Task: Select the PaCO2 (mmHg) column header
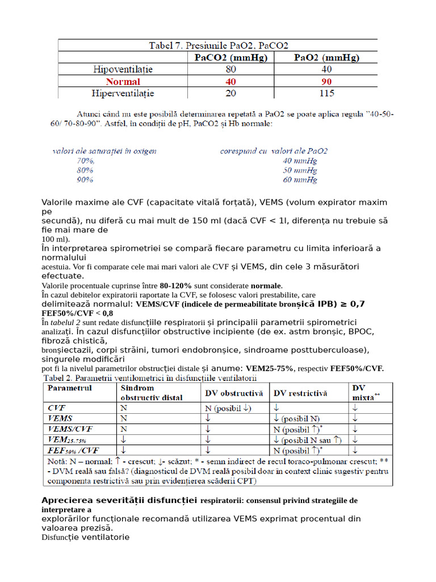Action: pos(231,57)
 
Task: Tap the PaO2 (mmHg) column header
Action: pos(326,57)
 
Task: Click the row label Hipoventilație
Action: pos(123,69)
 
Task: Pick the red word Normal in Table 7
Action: pos(123,81)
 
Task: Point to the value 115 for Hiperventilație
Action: pos(326,93)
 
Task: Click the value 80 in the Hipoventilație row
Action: pos(231,69)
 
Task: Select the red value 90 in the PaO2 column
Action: pos(326,81)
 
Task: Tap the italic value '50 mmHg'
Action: pos(300,171)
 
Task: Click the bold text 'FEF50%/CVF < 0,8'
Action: pos(77,313)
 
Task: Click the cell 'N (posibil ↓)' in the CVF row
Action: pos(228,408)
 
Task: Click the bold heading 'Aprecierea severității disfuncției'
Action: pos(119,500)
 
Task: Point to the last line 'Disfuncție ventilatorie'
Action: pos(85,537)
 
